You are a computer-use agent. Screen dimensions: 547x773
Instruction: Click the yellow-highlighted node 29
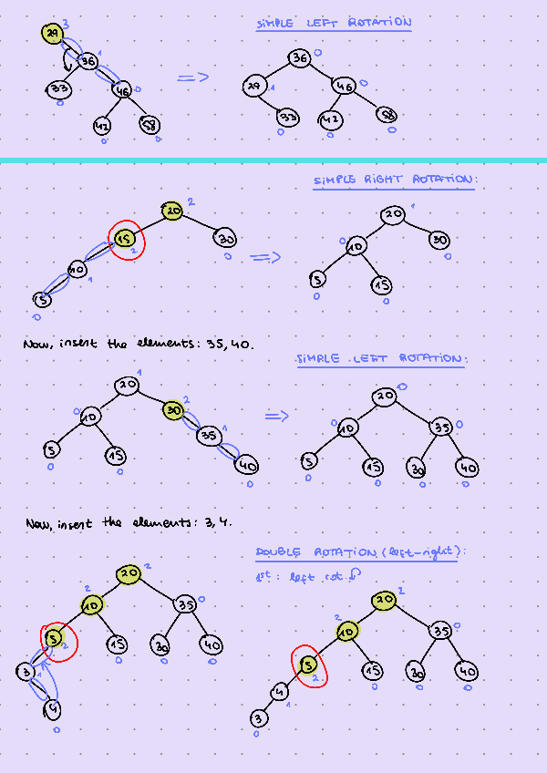pyautogui.click(x=53, y=35)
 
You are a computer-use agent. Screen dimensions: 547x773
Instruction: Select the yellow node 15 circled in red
pyautogui.click(x=125, y=239)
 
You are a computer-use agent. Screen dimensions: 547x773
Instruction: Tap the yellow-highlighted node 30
pyautogui.click(x=174, y=411)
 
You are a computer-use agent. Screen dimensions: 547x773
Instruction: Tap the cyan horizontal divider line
pyautogui.click(x=273, y=160)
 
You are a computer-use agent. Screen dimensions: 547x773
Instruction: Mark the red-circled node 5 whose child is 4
pyautogui.click(x=309, y=665)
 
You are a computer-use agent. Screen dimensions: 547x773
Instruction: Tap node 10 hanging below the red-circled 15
pyautogui.click(x=77, y=270)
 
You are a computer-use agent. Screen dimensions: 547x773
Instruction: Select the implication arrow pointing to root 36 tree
pyautogui.click(x=192, y=77)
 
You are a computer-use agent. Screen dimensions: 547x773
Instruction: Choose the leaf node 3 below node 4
pyautogui.click(x=259, y=720)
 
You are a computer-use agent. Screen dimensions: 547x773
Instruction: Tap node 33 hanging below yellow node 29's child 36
pyautogui.click(x=59, y=89)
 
